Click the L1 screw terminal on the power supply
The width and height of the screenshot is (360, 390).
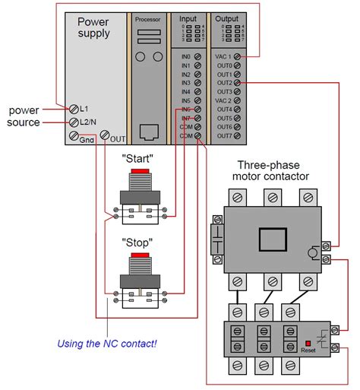74,109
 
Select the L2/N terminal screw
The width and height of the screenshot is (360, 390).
74,122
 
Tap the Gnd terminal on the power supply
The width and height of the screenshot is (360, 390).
74,137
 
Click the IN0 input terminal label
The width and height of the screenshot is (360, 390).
185,56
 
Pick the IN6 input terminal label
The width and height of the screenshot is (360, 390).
185,109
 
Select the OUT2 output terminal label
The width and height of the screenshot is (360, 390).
223,83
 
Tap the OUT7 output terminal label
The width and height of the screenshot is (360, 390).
223,136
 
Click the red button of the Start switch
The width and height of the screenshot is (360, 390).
138,173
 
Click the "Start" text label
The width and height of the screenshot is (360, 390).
138,158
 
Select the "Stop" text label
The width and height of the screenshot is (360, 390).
138,243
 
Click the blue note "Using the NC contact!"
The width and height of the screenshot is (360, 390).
107,344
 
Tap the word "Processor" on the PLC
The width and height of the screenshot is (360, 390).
147,17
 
